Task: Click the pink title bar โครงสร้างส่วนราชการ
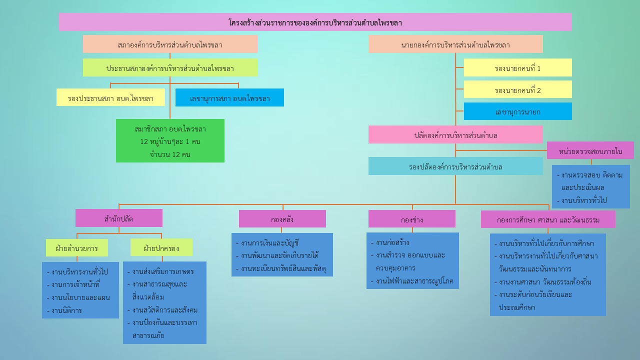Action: point(315,22)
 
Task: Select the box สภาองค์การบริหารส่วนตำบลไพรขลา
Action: point(170,44)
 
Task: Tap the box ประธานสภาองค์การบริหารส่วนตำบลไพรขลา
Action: point(170,67)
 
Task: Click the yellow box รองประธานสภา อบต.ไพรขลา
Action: point(110,97)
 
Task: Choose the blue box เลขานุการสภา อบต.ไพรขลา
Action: point(229,97)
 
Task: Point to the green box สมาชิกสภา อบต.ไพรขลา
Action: point(170,140)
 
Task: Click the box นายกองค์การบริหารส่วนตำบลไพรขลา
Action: point(455,44)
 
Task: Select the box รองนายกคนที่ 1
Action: point(517,67)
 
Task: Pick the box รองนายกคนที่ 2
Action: point(517,89)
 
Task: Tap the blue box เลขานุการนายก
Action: point(517,111)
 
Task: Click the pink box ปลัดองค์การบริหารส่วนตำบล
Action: point(455,134)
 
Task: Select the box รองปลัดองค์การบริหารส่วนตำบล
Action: point(455,166)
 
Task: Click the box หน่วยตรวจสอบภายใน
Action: point(590,150)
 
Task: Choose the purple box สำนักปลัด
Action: point(119,218)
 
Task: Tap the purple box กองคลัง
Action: point(282,218)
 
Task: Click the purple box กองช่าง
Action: point(412,218)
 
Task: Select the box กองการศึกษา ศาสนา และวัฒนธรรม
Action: point(548,219)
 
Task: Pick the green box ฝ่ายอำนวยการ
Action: point(77,247)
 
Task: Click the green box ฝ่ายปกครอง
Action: point(161,247)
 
